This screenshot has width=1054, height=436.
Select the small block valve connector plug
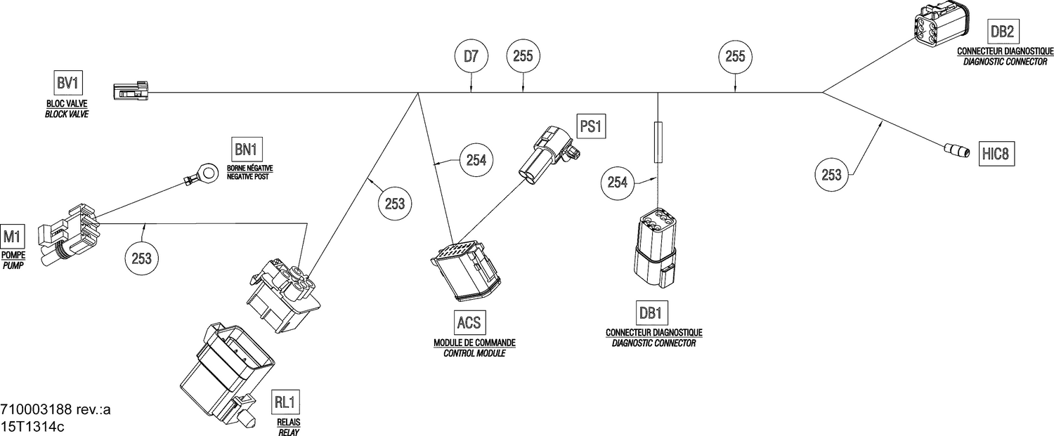pyautogui.click(x=131, y=92)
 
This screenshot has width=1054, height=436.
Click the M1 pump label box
pyautogui.click(x=13, y=235)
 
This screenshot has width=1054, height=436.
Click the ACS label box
pyautogui.click(x=469, y=322)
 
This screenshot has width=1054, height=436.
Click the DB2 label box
pyautogui.click(x=1001, y=32)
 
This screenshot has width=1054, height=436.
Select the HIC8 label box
pyautogui.click(x=998, y=154)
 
